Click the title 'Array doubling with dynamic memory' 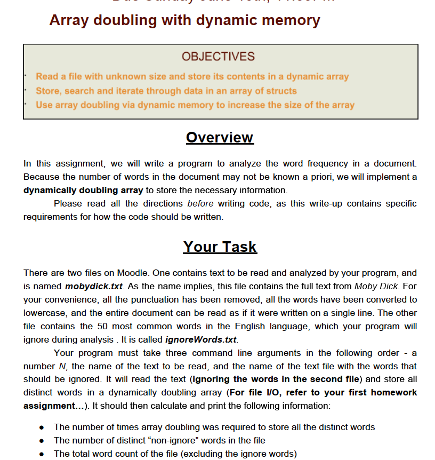(x=184, y=20)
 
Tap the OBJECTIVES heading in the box (x=218, y=57)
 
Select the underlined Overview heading (x=220, y=138)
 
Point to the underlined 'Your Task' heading (x=220, y=247)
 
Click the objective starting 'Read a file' (x=192, y=77)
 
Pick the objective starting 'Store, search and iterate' (x=166, y=91)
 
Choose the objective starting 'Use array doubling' (x=195, y=105)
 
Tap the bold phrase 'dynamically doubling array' (x=83, y=191)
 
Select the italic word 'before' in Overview (x=200, y=204)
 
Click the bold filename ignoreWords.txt (x=201, y=339)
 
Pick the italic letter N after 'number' (x=60, y=367)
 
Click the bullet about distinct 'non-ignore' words (x=159, y=441)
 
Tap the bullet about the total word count (x=175, y=454)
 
